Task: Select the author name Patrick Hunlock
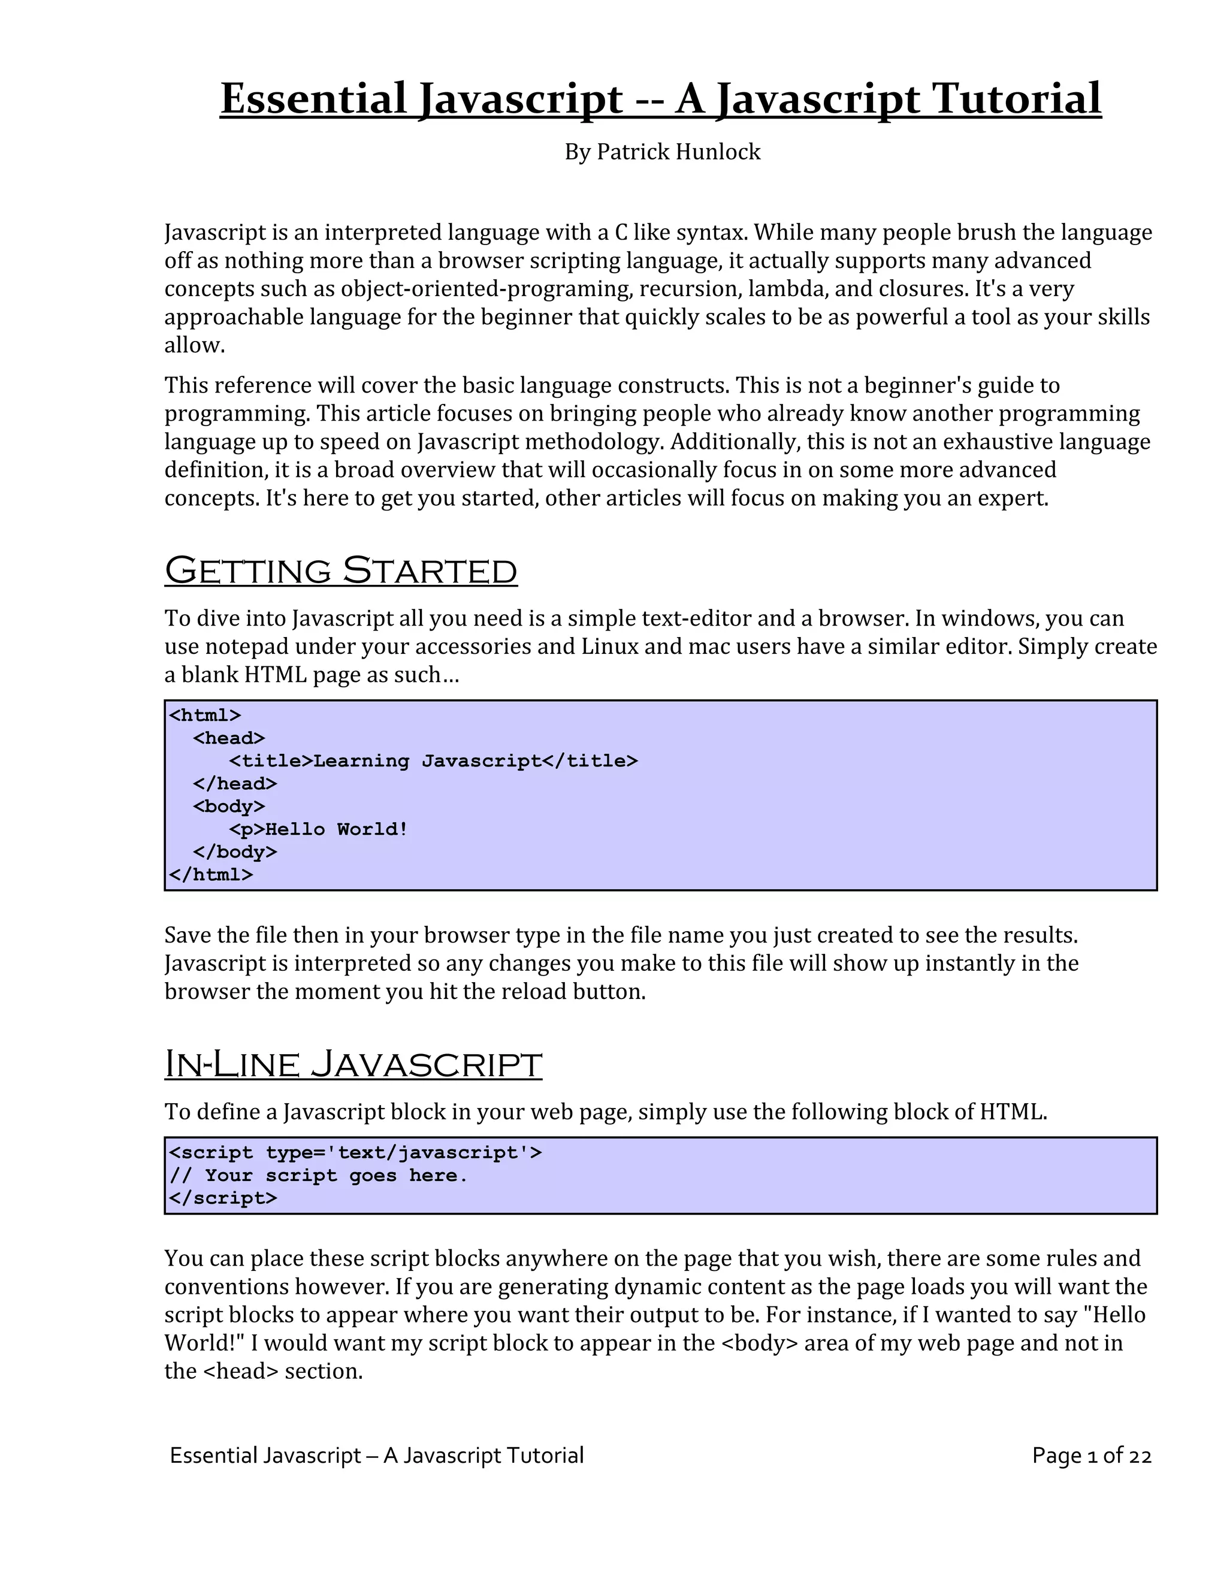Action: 678,152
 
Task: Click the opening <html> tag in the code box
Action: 205,715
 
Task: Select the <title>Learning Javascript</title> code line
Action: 433,760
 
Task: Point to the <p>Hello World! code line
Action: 318,829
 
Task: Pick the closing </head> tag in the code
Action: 235,783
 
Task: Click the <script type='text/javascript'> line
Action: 355,1152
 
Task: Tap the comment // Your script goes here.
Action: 318,1175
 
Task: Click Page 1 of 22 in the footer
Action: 1091,1455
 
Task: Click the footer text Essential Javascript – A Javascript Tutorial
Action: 376,1455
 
